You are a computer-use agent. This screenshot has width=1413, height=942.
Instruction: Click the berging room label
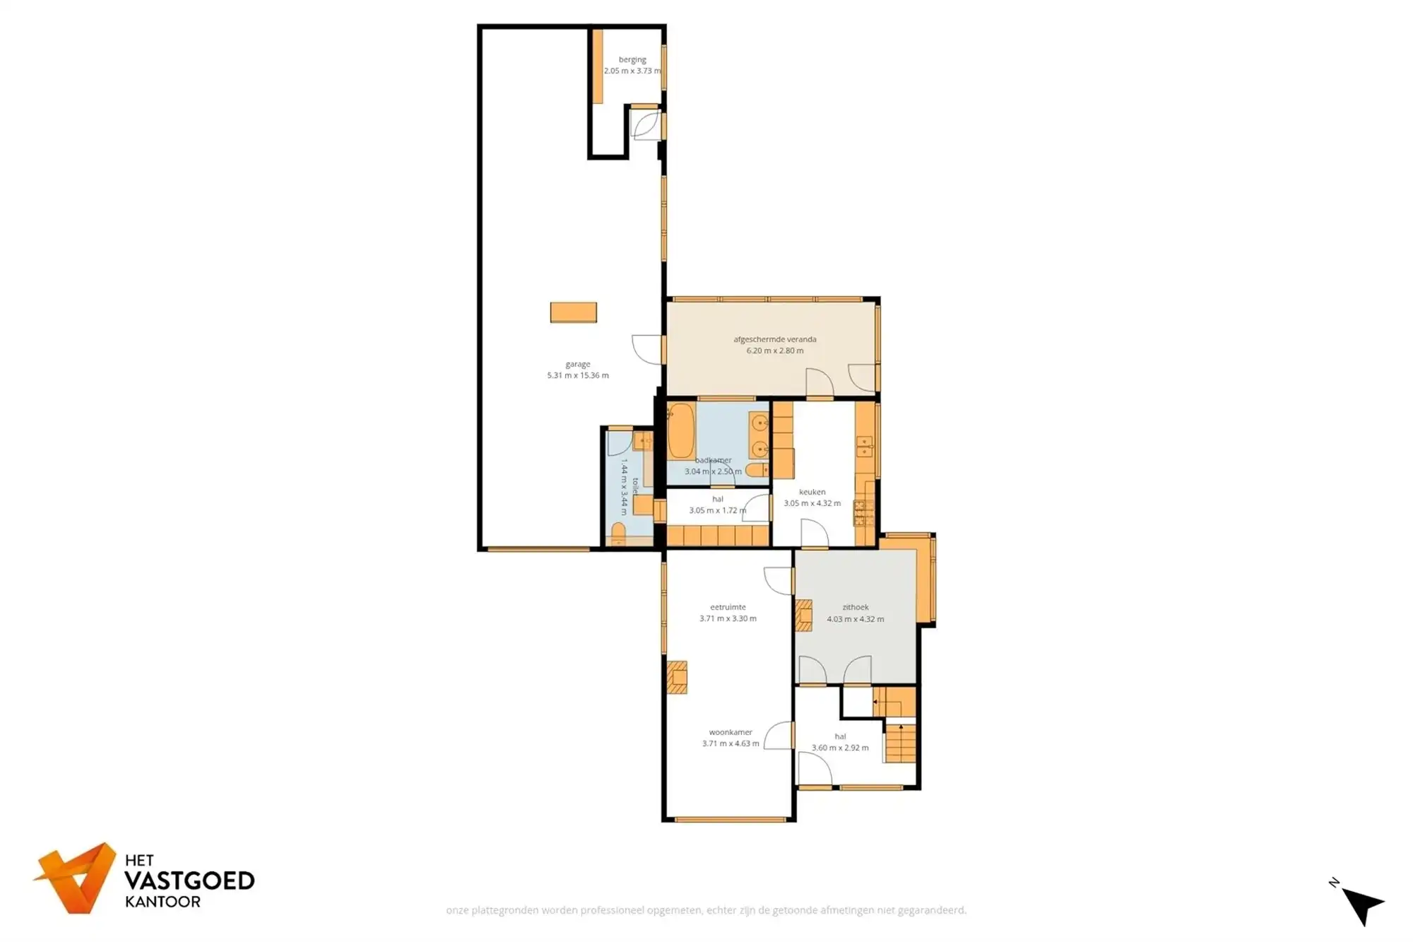click(x=632, y=60)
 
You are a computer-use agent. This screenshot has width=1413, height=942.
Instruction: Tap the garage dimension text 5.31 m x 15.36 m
click(x=577, y=375)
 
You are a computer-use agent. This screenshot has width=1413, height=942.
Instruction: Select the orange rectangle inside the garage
click(x=574, y=312)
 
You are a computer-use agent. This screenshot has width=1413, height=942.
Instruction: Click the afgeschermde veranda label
click(x=774, y=339)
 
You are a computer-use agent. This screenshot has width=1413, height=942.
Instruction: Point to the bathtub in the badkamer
click(x=681, y=430)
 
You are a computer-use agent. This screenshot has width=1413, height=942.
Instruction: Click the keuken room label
click(x=812, y=492)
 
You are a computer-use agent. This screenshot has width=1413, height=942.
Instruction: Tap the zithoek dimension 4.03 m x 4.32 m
click(x=855, y=619)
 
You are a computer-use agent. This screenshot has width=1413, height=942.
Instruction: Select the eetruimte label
click(x=728, y=607)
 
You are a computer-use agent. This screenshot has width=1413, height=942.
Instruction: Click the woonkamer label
click(x=731, y=732)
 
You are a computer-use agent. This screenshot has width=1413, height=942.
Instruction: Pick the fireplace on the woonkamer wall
click(x=677, y=677)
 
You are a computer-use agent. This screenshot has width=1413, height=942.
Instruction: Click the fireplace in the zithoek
click(x=804, y=615)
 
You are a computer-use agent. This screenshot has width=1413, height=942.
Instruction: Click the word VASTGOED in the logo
click(x=189, y=881)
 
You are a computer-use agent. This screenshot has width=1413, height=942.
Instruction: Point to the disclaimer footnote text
click(x=706, y=910)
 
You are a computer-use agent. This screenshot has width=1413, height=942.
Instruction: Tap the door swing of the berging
click(x=645, y=126)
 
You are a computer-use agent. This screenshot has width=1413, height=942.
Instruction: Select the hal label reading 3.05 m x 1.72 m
click(x=717, y=510)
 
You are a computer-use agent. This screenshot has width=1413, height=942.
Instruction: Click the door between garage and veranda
click(x=647, y=349)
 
